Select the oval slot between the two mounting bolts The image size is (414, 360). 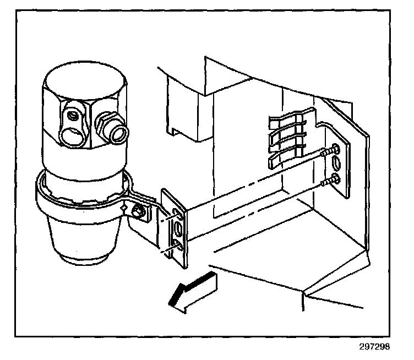tap(336, 164)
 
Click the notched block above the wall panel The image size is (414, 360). tap(181, 105)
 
